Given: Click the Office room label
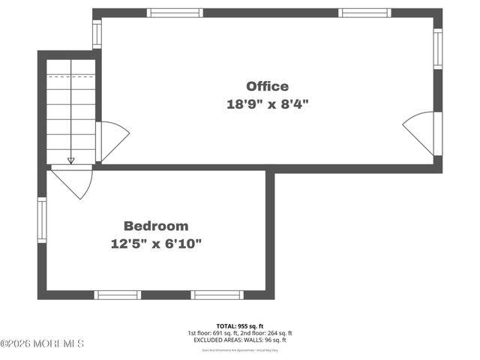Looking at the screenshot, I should pyautogui.click(x=267, y=86).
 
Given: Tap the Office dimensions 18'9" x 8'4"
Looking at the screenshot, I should pyautogui.click(x=267, y=105).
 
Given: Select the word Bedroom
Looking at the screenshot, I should pyautogui.click(x=156, y=226).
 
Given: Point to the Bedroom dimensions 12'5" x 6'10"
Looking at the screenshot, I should pyautogui.click(x=156, y=244).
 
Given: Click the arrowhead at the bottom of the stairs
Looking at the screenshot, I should pyautogui.click(x=70, y=160).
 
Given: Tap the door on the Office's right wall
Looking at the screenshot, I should pyautogui.click(x=420, y=131).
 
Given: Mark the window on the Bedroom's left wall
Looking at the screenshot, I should pyautogui.click(x=43, y=217).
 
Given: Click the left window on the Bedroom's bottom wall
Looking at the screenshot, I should pyautogui.click(x=118, y=294).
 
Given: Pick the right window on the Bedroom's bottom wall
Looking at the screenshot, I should pyautogui.click(x=216, y=294).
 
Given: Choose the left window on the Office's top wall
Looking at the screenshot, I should pyautogui.click(x=170, y=13).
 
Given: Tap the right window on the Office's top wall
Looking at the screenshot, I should pyautogui.click(x=364, y=13).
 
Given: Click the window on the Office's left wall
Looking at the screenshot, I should pyautogui.click(x=97, y=33).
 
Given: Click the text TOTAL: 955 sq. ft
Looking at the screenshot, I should pyautogui.click(x=239, y=325).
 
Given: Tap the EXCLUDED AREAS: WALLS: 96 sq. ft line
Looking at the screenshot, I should pyautogui.click(x=239, y=340).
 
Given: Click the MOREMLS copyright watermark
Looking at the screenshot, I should pyautogui.click(x=42, y=343).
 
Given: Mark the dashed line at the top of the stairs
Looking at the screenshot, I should pyautogui.click(x=70, y=76).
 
